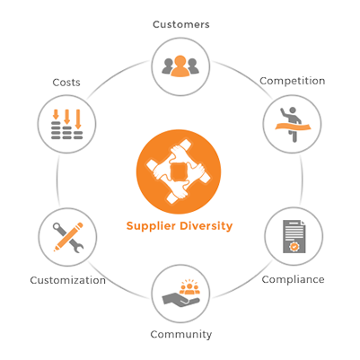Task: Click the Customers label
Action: [181, 24]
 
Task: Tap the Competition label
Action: [293, 81]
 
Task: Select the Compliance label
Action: [293, 279]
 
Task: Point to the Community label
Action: [181, 334]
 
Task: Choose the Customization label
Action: [68, 280]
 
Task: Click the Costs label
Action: [66, 83]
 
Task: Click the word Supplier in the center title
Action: [151, 226]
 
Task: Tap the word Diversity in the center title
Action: [206, 226]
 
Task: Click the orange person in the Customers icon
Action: [180, 66]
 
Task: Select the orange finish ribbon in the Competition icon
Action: [293, 127]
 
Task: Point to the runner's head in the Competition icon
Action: [293, 110]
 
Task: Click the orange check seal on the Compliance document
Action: [294, 247]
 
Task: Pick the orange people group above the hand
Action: [189, 287]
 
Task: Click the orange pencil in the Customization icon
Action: [68, 237]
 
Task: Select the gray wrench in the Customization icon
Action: [68, 238]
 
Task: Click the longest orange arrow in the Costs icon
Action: [78, 119]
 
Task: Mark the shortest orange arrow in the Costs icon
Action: [56, 115]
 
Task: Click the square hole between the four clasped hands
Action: [179, 171]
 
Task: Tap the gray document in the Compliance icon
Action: [294, 236]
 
